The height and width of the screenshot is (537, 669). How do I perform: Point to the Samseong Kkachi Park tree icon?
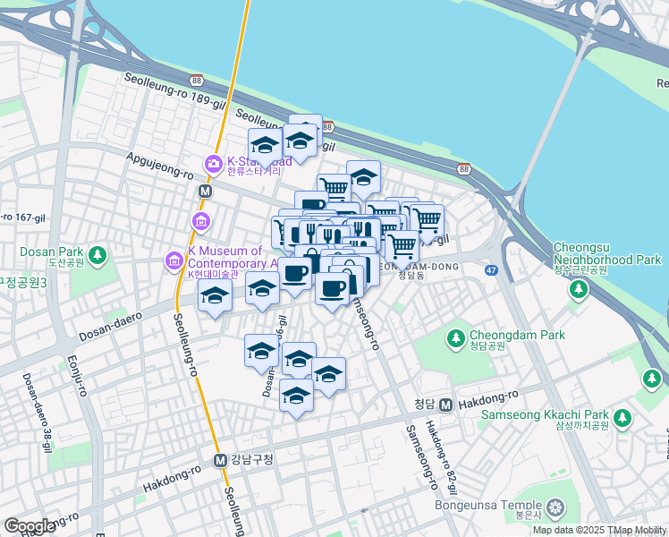622,419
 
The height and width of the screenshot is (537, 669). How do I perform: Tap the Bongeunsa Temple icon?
557,510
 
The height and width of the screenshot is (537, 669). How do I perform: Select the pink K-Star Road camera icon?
213,164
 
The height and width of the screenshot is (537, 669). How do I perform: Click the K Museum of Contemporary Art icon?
174,261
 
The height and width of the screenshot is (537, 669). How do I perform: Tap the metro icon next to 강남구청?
220,460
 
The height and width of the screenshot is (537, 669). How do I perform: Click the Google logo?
30,526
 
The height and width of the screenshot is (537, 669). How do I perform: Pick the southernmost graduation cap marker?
296,395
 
